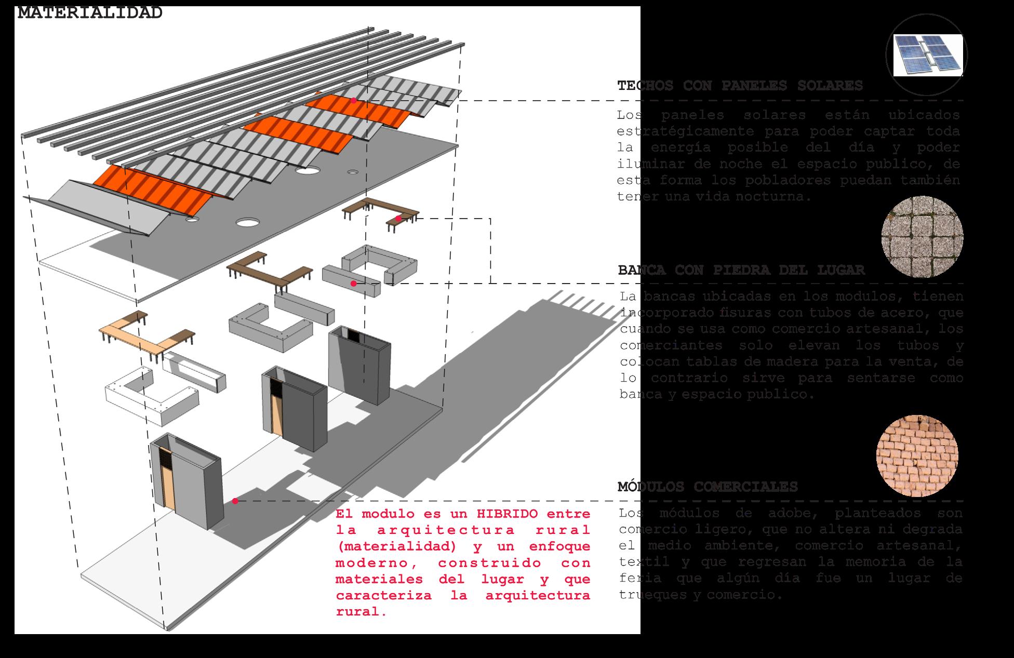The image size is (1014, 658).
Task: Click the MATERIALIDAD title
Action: pyautogui.click(x=90, y=12)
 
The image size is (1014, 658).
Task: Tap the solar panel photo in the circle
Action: pyautogui.click(x=928, y=55)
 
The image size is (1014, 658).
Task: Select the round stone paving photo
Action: pyautogui.click(x=922, y=237)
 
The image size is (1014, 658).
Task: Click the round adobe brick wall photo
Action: pyautogui.click(x=917, y=456)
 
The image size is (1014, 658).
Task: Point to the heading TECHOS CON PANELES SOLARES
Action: pyautogui.click(x=740, y=86)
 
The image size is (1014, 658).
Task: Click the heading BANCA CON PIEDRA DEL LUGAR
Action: pyautogui.click(x=741, y=270)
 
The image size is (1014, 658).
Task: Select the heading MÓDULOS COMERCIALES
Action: pyautogui.click(x=708, y=487)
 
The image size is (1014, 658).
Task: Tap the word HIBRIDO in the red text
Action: pyautogui.click(x=506, y=514)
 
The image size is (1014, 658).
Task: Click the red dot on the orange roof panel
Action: pyautogui.click(x=353, y=100)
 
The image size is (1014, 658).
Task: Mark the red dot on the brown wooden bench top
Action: pyautogui.click(x=398, y=219)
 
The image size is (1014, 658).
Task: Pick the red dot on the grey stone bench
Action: pyautogui.click(x=353, y=284)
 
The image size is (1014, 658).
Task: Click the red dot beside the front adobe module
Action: pyautogui.click(x=235, y=501)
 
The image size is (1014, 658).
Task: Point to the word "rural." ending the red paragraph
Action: pyautogui.click(x=361, y=612)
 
